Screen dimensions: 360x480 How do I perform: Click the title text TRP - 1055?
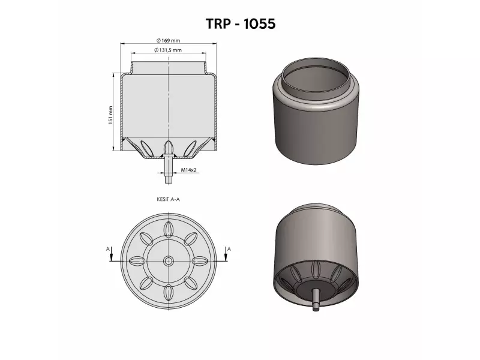240,23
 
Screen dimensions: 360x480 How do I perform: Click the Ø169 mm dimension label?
169,40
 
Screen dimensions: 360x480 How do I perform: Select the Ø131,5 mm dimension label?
169,50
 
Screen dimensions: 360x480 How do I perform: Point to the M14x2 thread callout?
189,170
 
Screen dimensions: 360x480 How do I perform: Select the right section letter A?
229,248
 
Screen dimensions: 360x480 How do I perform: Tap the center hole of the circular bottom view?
168,261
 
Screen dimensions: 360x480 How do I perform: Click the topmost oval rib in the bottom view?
168,230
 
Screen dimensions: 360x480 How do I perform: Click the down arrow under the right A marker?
226,257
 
